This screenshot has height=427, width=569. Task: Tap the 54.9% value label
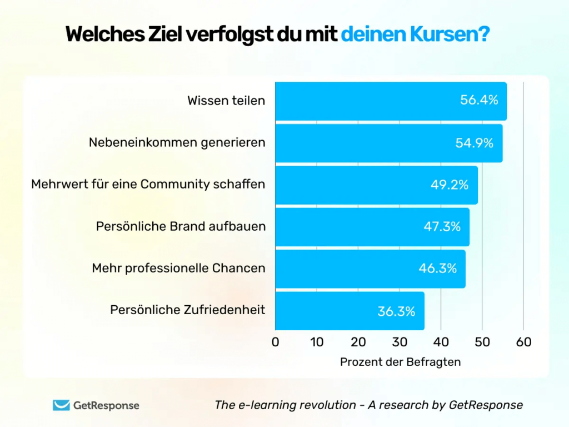475,143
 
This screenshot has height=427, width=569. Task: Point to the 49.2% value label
450,185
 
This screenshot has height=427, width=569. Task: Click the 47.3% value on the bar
442,227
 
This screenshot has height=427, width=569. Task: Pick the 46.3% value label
438,269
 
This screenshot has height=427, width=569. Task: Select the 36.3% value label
396,311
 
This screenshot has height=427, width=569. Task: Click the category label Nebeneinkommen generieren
177,143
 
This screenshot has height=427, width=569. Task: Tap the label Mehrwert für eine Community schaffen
148,184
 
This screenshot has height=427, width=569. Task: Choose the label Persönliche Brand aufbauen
181,227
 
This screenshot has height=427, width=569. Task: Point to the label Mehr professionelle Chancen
178,269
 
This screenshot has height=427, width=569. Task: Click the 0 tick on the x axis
276,342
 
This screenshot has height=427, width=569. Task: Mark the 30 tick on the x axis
400,342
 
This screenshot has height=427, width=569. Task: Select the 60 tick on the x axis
523,342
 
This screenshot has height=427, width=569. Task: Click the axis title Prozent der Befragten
400,362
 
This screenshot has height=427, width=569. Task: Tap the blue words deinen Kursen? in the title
415,34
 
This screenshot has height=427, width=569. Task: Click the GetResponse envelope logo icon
61,405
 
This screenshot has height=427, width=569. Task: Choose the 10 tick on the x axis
317,342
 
